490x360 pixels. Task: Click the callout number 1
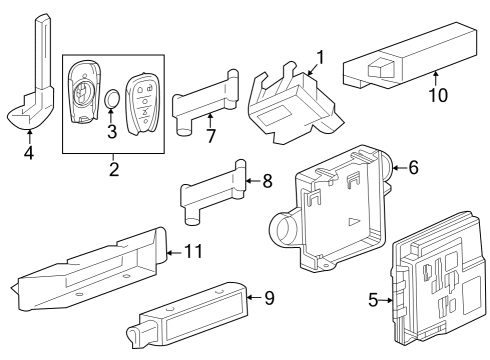(x=321, y=56)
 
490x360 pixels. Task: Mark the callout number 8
(x=267, y=181)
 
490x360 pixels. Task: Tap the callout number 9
(x=268, y=296)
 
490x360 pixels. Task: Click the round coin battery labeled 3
(x=113, y=100)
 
